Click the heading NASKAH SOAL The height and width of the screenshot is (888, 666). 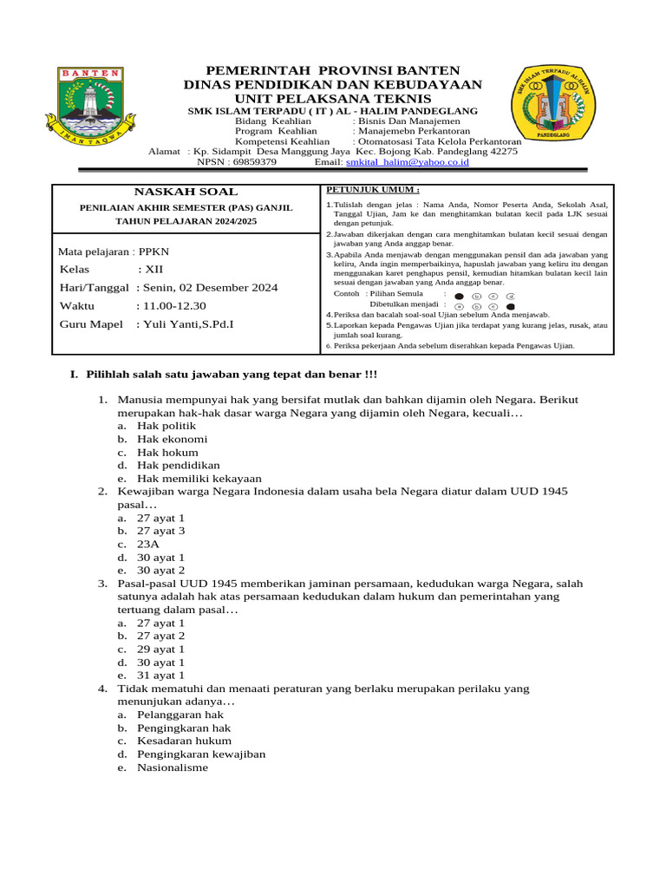[186, 192]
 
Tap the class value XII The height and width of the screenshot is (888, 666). [153, 270]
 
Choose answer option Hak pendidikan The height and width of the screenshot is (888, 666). [179, 466]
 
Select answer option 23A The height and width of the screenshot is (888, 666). [149, 545]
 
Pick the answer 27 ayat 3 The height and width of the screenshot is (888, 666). [161, 532]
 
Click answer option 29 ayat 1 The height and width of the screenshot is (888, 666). [161, 650]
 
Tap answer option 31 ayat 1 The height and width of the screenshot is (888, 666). [161, 676]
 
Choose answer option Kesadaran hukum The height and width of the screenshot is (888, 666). [184, 741]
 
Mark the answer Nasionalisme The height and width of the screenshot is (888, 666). [173, 767]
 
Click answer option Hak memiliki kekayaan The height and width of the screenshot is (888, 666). [199, 479]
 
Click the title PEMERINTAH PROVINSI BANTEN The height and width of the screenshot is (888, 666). [332, 70]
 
